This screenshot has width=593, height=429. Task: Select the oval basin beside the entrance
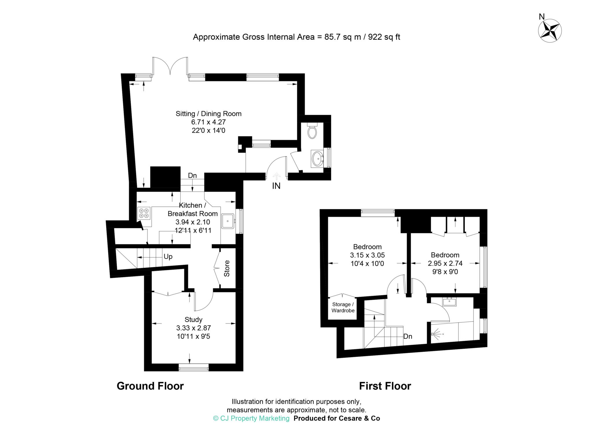tap(317, 159)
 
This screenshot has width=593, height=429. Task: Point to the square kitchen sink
tap(228, 221)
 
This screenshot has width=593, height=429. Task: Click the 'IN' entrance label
tap(276, 186)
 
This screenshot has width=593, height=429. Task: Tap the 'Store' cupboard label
tap(227, 268)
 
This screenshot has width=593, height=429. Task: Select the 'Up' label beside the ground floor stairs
tap(168, 257)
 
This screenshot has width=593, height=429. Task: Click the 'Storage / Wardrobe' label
tap(343, 307)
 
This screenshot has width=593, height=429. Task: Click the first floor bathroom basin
tap(450, 302)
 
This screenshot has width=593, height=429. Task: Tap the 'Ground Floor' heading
tap(150, 386)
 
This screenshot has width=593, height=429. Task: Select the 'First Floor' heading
tap(385, 386)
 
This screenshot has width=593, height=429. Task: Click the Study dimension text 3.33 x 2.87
tap(193, 328)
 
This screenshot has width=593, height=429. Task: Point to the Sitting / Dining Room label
tap(208, 114)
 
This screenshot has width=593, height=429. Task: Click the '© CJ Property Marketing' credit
tap(251, 418)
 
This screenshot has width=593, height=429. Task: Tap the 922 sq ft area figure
tap(384, 37)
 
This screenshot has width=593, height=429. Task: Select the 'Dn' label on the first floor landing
tap(408, 336)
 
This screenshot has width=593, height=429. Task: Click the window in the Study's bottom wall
tap(193, 368)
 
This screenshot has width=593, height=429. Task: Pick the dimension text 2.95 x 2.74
tap(445, 263)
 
